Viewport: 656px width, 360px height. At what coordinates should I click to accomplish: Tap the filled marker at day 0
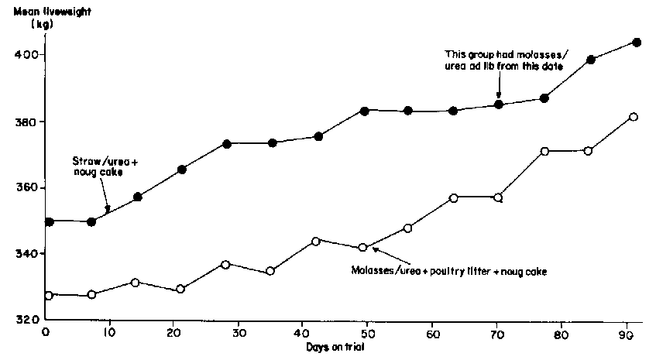50,221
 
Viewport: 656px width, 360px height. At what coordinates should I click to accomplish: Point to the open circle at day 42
315,241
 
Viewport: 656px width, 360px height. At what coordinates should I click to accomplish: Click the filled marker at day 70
499,104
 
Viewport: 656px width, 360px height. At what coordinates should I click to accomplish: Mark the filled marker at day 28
226,144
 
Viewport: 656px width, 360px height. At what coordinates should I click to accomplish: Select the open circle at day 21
180,289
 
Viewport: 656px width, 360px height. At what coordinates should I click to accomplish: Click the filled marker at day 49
364,111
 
